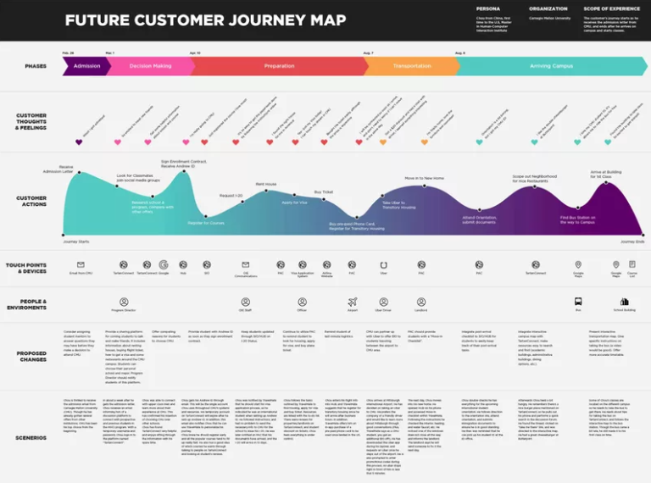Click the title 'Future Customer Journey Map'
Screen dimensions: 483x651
(x=205, y=19)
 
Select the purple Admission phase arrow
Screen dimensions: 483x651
(x=86, y=66)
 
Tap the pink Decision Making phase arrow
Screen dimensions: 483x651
(x=150, y=66)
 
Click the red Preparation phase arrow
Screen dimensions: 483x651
(x=279, y=66)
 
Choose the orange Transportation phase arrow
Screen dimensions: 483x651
(x=410, y=66)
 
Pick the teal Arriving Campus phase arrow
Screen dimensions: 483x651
(x=551, y=66)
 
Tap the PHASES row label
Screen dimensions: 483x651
(x=36, y=66)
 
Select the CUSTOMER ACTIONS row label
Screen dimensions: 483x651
(x=31, y=201)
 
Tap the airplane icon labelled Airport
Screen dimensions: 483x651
(x=352, y=301)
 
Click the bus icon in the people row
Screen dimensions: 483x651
(x=578, y=301)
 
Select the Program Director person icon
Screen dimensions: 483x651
(x=124, y=301)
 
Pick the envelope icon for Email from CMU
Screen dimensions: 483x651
(x=81, y=264)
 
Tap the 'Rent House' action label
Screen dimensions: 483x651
(x=265, y=184)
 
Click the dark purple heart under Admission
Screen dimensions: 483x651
(x=79, y=142)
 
